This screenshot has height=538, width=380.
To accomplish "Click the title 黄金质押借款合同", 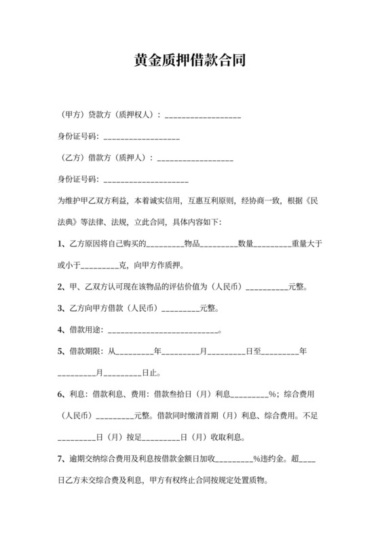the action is [x=189, y=60].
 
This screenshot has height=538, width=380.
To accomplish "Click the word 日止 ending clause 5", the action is [x=151, y=374].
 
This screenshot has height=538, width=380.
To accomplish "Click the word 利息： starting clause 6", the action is [x=80, y=395].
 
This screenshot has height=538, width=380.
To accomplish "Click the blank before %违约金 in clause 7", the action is [x=233, y=460].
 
